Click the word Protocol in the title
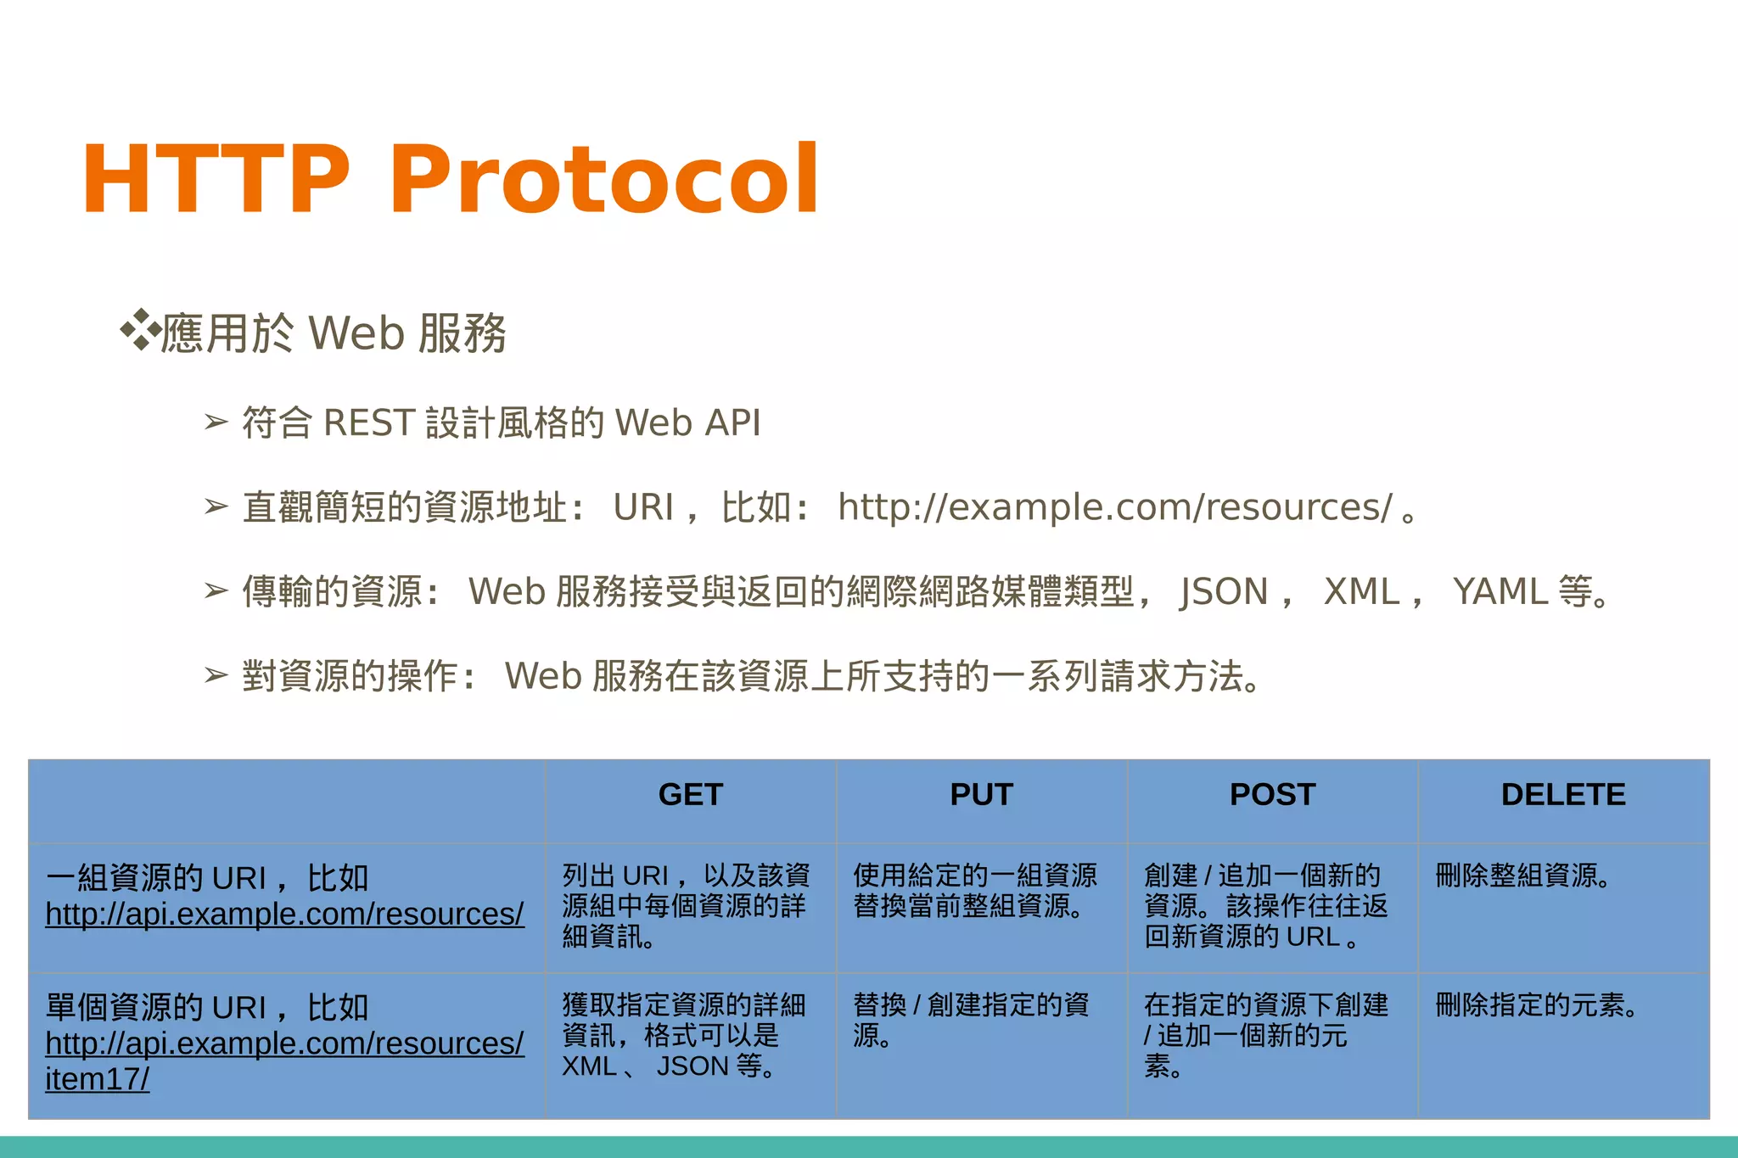pyautogui.click(x=603, y=180)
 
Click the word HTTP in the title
pyautogui.click(x=216, y=180)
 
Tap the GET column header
pyautogui.click(x=690, y=795)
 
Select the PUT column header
pyautogui.click(x=981, y=795)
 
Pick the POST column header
pyautogui.click(x=1272, y=795)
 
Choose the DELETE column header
pyautogui.click(x=1563, y=795)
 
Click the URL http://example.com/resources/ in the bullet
pyautogui.click(x=1114, y=507)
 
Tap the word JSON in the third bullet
pyautogui.click(x=1223, y=591)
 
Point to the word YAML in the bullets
pyautogui.click(x=1500, y=591)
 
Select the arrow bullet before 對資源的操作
pyautogui.click(x=216, y=676)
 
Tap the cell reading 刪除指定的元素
pyautogui.click(x=1536, y=1005)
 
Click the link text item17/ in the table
pyautogui.click(x=98, y=1080)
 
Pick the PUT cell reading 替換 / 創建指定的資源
pyautogui.click(x=971, y=1020)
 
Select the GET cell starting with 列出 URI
pyautogui.click(x=686, y=906)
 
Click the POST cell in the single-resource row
pyautogui.click(x=1265, y=1035)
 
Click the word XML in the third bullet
pyautogui.click(x=1361, y=591)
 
